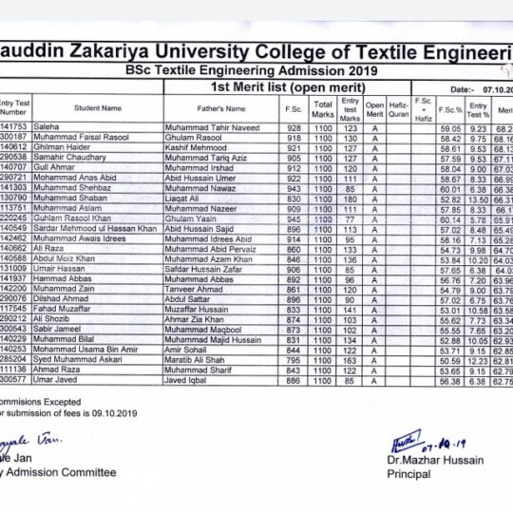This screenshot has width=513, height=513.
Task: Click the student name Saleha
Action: click(x=47, y=127)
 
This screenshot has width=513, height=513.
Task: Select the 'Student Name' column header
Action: click(x=98, y=108)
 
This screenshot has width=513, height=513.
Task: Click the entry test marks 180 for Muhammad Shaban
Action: click(x=350, y=199)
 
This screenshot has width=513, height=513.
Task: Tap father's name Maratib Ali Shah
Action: click(x=199, y=360)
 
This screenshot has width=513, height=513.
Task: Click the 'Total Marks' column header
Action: click(x=323, y=108)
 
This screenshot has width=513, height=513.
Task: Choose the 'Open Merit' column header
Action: click(x=375, y=108)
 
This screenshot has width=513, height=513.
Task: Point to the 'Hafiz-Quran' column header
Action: click(x=399, y=108)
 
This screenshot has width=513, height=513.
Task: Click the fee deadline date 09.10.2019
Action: click(x=112, y=414)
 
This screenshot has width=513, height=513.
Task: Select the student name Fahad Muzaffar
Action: click(x=67, y=310)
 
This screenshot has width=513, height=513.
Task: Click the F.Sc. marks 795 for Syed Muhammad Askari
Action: click(x=294, y=360)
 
